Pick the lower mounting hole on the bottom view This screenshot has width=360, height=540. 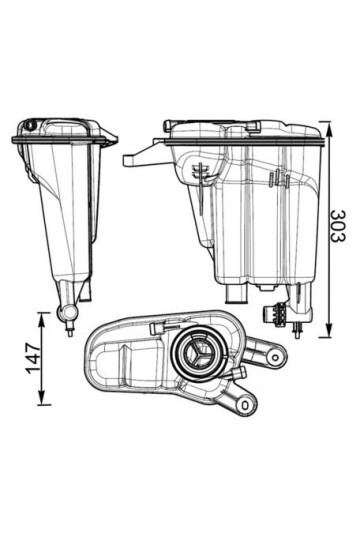coord(243,403)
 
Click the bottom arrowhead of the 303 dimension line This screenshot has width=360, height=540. coord(326,335)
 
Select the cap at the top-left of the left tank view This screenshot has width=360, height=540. coord(30,126)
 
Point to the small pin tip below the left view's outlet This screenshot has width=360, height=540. coord(69,332)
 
